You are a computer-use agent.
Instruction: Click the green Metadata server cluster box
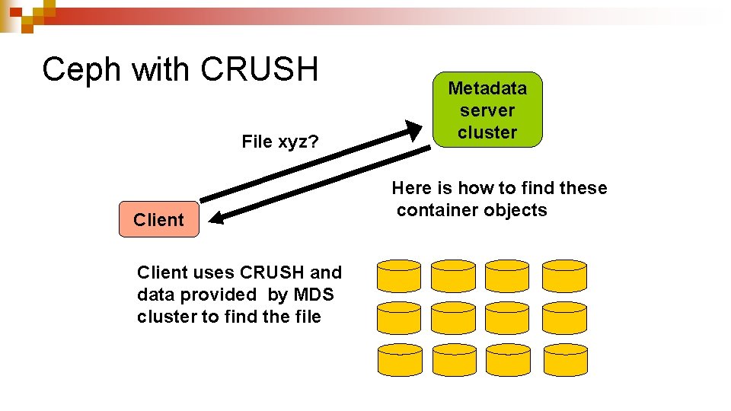[487, 110]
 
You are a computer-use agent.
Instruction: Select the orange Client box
[158, 220]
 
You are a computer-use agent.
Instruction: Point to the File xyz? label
[279, 142]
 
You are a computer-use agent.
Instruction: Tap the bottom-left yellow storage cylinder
[399, 359]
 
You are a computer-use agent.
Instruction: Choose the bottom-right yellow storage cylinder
[564, 359]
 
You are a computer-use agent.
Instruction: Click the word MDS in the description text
[313, 295]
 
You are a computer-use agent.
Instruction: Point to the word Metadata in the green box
[487, 88]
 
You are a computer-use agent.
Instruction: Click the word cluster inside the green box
[487, 132]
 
